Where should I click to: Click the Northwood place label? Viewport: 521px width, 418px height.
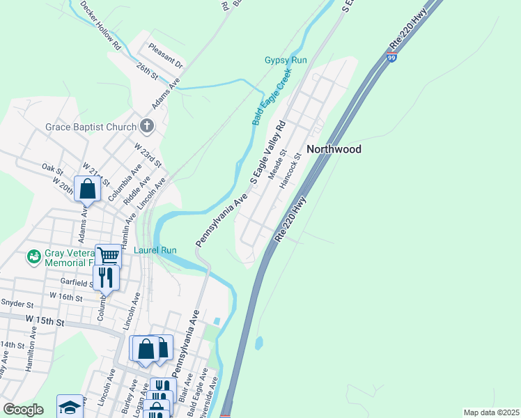334,149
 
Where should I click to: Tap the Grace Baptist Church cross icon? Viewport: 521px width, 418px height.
146,126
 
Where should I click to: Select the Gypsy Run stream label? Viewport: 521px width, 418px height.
286,61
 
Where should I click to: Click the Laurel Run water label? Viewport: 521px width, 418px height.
155,250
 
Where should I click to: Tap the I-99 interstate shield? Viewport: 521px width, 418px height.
393,59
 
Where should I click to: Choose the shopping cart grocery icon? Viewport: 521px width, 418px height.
108,256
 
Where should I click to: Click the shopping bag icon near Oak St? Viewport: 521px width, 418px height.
88,189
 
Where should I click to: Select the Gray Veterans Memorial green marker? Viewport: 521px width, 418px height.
33,258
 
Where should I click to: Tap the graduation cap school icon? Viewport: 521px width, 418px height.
70,407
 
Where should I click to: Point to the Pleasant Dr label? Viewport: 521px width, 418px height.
164,56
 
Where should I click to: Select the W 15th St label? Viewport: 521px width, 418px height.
45,321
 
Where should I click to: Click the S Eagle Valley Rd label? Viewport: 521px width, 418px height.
267,153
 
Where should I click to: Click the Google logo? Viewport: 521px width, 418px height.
23,410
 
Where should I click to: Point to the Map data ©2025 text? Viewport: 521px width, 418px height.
491,412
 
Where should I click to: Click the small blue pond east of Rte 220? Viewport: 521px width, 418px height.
259,343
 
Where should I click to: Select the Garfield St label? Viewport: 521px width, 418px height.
76,284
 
